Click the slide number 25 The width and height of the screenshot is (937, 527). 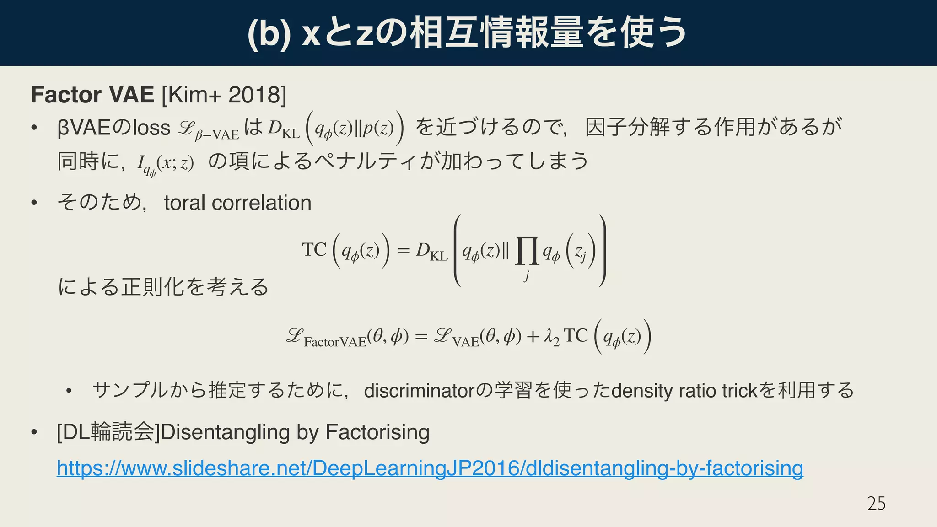[x=876, y=503]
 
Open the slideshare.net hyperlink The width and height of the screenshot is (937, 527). [x=430, y=468]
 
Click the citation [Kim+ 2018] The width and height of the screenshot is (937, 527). [x=224, y=95]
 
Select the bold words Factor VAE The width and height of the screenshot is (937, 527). [x=92, y=95]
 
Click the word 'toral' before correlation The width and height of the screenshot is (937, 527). [x=184, y=203]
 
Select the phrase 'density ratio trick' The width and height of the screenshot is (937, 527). [x=684, y=391]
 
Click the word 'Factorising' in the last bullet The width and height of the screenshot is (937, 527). [x=377, y=432]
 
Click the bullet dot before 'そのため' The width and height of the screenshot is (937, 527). [x=34, y=203]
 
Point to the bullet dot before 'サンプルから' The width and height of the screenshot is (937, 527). [x=69, y=391]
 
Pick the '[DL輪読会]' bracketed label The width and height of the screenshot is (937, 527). [x=108, y=432]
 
